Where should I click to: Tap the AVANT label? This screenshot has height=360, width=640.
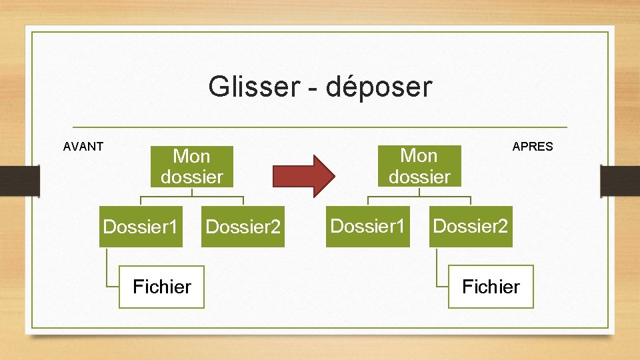(83, 147)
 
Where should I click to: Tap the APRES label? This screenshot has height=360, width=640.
(533, 147)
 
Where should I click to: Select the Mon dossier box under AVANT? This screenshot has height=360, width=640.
(191, 167)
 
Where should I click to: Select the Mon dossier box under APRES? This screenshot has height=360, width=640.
(419, 166)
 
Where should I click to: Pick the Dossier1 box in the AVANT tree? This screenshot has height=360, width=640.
(141, 227)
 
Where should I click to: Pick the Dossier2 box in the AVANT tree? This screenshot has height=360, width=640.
(243, 227)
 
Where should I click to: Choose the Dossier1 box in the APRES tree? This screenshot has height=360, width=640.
(368, 227)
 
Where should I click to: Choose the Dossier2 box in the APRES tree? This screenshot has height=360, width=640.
(471, 227)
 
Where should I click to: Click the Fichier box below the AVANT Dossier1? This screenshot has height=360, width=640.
(161, 287)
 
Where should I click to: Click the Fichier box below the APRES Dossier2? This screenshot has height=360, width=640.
(491, 287)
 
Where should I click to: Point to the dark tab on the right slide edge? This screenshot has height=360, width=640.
(620, 181)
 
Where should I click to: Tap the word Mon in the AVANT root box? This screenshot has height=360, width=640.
(191, 157)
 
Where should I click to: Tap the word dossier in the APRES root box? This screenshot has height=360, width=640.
(419, 177)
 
